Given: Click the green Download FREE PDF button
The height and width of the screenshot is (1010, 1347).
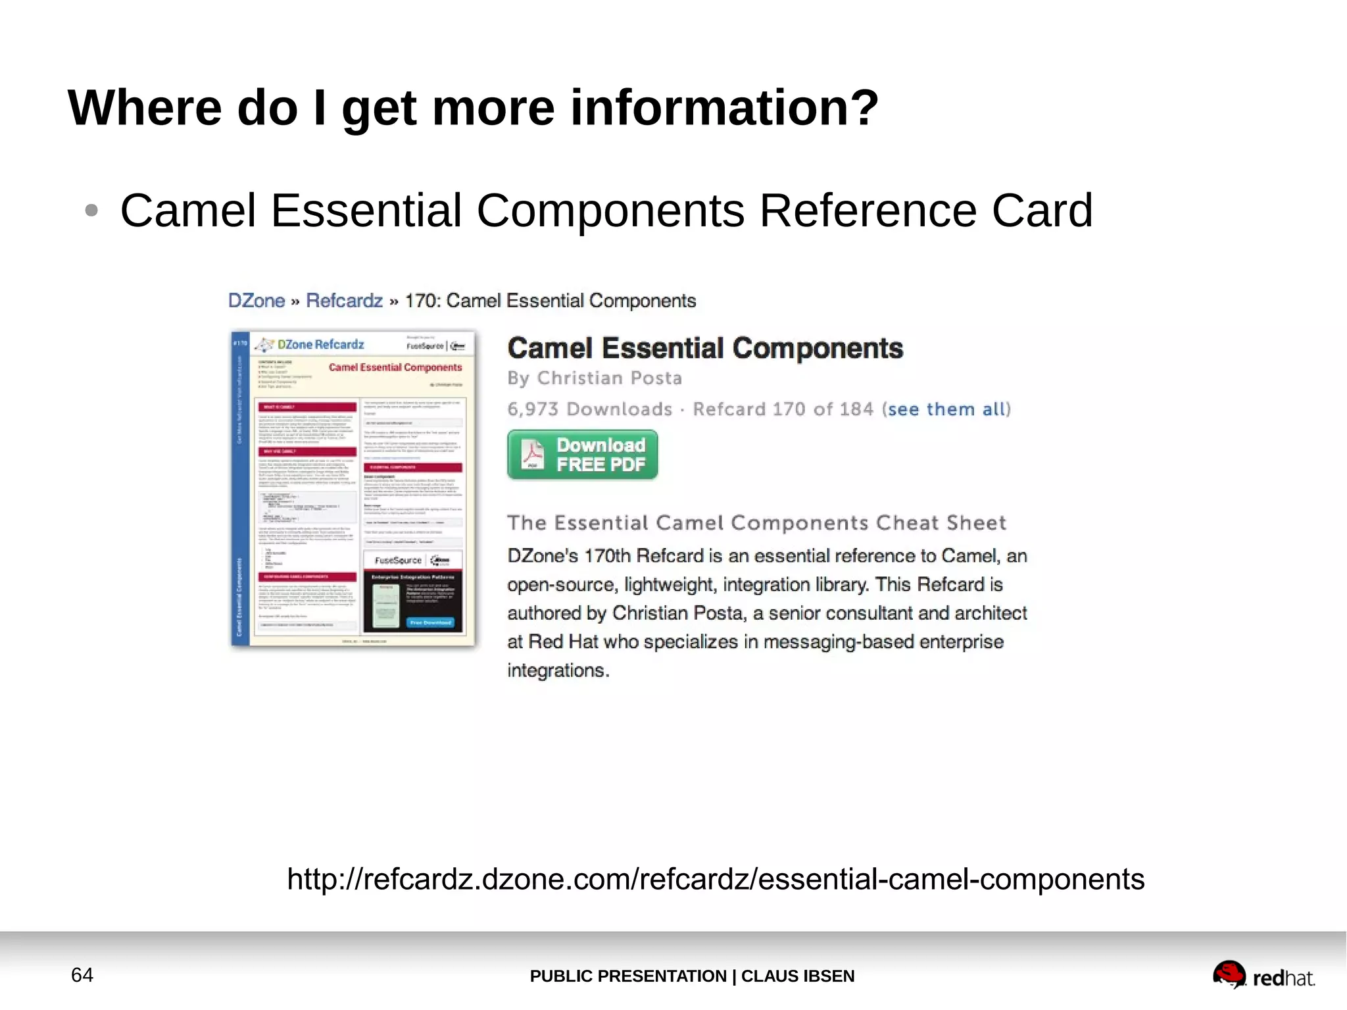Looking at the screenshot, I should point(583,455).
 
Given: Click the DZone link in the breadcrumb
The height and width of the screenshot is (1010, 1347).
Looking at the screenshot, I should point(256,301).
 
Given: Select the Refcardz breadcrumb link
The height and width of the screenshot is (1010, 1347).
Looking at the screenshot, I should point(344,301).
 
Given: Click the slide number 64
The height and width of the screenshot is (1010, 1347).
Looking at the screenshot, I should point(82,974).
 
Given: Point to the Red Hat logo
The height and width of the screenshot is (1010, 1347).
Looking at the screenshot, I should point(1263,976).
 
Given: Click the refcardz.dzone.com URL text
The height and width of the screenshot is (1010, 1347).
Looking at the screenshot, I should point(716,879).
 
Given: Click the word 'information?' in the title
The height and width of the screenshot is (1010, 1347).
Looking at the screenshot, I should point(724,108).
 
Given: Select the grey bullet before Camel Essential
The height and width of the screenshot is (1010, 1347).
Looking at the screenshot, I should point(91,211).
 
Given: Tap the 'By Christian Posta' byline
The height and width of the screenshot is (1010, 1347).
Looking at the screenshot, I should point(595,378).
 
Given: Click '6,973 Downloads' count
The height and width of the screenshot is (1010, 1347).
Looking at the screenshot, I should point(589,409).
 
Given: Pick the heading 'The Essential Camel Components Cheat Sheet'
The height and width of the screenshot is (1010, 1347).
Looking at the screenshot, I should point(756,522).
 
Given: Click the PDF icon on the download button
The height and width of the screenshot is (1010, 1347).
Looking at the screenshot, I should point(532,454).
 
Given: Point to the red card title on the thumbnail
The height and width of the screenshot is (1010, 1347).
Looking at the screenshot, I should point(395,367).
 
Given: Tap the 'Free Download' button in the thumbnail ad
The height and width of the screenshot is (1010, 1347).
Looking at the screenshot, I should point(431,622).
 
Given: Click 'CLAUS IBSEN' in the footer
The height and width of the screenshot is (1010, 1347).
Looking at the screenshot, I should point(797,976).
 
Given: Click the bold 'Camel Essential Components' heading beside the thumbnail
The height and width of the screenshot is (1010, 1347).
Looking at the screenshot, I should point(705,348).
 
